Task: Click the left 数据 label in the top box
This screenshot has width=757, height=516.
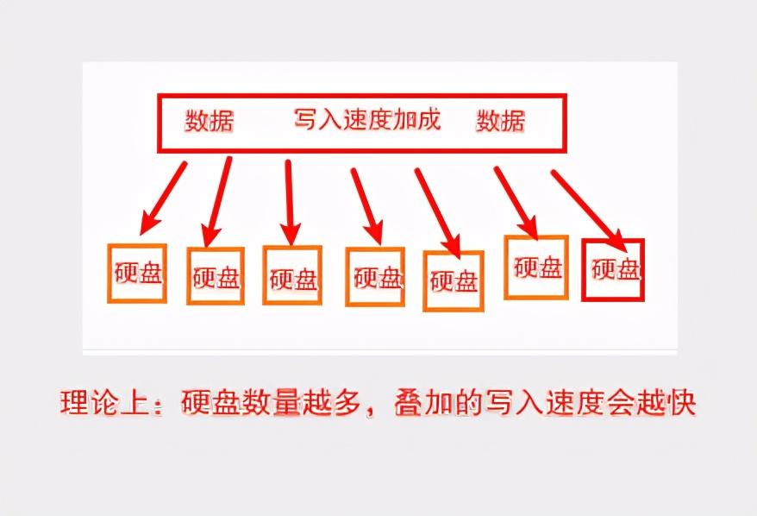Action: pos(210,121)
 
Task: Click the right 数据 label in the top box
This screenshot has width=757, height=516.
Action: pos(500,121)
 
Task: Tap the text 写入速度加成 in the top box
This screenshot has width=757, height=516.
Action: pos(367,119)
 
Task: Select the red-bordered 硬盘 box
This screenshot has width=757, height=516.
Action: pos(613,269)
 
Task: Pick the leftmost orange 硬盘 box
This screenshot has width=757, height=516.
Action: pos(136,273)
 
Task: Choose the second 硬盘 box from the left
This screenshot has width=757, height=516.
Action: pos(216,277)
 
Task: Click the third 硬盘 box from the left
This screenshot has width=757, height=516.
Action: pos(292,276)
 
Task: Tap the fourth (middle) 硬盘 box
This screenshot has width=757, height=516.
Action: pos(375,277)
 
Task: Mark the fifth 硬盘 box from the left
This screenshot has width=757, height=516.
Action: pos(453,280)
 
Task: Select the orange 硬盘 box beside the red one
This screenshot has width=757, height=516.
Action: pos(535,267)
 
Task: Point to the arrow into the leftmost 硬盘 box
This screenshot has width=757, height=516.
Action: pos(165,198)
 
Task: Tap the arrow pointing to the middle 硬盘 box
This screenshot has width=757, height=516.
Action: pos(366,205)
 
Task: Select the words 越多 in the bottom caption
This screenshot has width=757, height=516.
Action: pos(342,403)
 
